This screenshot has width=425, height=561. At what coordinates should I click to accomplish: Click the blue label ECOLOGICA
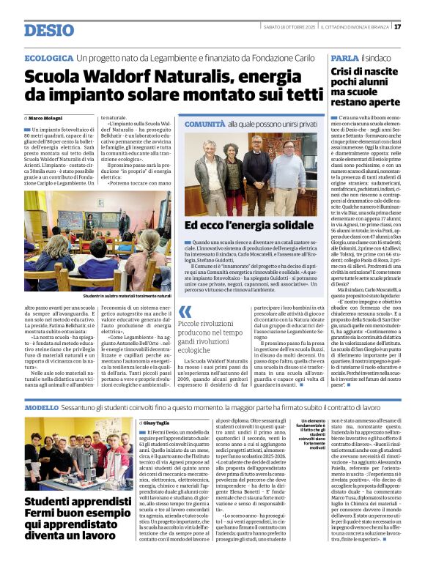48,58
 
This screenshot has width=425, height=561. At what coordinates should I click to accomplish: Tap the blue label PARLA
344,58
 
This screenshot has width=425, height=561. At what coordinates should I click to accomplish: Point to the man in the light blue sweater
288,174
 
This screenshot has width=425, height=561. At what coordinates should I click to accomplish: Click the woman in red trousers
235,179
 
